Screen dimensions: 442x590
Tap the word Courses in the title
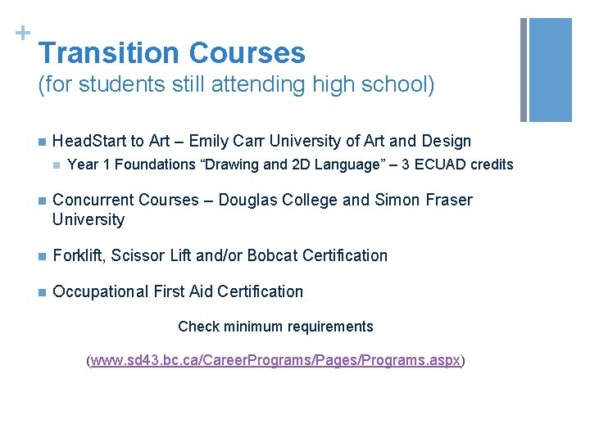point(247,53)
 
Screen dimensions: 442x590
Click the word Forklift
point(78,255)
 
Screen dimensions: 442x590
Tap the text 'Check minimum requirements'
point(275,327)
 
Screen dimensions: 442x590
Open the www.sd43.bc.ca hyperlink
point(276,360)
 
